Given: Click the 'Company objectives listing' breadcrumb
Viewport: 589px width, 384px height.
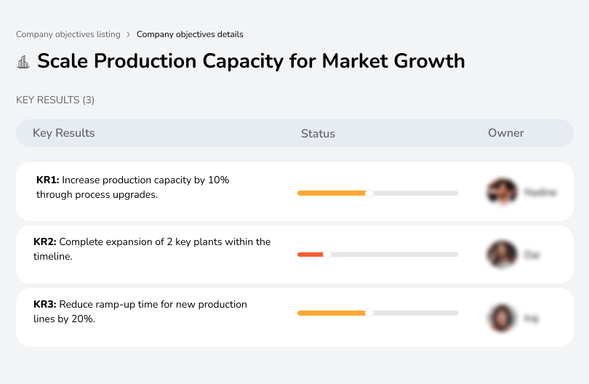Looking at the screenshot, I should (x=68, y=34).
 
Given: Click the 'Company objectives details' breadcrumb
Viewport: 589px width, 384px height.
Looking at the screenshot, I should (x=190, y=34).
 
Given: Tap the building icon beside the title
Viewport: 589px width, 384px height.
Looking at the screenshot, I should (x=23, y=62).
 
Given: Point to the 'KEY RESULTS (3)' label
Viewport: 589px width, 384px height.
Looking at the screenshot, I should (x=55, y=100).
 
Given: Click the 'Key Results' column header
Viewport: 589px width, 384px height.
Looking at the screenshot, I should (x=63, y=133).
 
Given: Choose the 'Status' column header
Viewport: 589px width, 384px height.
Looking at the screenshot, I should (x=318, y=134).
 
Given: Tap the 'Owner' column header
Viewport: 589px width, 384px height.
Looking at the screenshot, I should (x=506, y=133).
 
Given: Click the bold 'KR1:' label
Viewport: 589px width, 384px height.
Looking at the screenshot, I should (x=48, y=180).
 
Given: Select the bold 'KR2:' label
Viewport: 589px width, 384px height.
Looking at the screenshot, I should (x=45, y=242).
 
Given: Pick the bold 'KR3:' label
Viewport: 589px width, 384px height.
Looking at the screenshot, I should (x=45, y=305).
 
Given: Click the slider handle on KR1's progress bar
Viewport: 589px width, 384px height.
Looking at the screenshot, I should (x=369, y=193).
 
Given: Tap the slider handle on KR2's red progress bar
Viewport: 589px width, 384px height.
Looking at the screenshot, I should (x=327, y=255).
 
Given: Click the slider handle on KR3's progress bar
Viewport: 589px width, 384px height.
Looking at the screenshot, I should (x=369, y=313).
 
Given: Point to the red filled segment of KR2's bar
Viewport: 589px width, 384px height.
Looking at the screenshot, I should (x=310, y=255).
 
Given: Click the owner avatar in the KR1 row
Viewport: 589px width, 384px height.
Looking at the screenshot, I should (x=502, y=192).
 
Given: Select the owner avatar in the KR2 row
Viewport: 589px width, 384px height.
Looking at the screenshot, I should (x=502, y=255).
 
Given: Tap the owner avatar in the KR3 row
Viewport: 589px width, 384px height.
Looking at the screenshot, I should (x=502, y=318).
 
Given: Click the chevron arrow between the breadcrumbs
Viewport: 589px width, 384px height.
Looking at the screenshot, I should (x=128, y=34).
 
